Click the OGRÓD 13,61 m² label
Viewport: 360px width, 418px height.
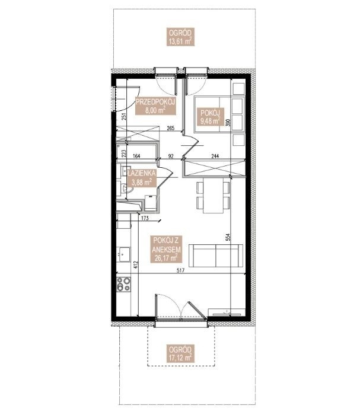(180, 37)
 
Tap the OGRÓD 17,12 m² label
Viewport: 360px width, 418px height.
(180, 353)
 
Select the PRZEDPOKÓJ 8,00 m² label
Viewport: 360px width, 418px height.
(155, 106)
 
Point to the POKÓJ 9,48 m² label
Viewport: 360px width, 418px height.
(211, 116)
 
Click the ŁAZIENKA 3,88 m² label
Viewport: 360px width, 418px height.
(142, 178)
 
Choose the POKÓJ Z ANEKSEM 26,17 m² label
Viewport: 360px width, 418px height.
(167, 249)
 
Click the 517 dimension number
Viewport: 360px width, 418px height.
(180, 270)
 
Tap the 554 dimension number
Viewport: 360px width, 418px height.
(228, 238)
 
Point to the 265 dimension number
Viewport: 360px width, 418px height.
(170, 128)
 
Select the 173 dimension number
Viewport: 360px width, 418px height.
(145, 218)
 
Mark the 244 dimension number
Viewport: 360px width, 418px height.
(215, 156)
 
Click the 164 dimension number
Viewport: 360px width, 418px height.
(136, 156)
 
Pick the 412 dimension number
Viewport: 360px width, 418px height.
(136, 264)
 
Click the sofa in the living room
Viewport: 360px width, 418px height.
(216, 256)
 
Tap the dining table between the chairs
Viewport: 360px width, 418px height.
(213, 196)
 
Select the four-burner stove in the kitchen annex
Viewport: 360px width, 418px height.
(124, 284)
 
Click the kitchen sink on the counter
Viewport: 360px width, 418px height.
(124, 254)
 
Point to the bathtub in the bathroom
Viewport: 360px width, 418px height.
(136, 153)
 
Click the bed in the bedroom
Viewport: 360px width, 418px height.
(219, 114)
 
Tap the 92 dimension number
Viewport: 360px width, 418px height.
(171, 156)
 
